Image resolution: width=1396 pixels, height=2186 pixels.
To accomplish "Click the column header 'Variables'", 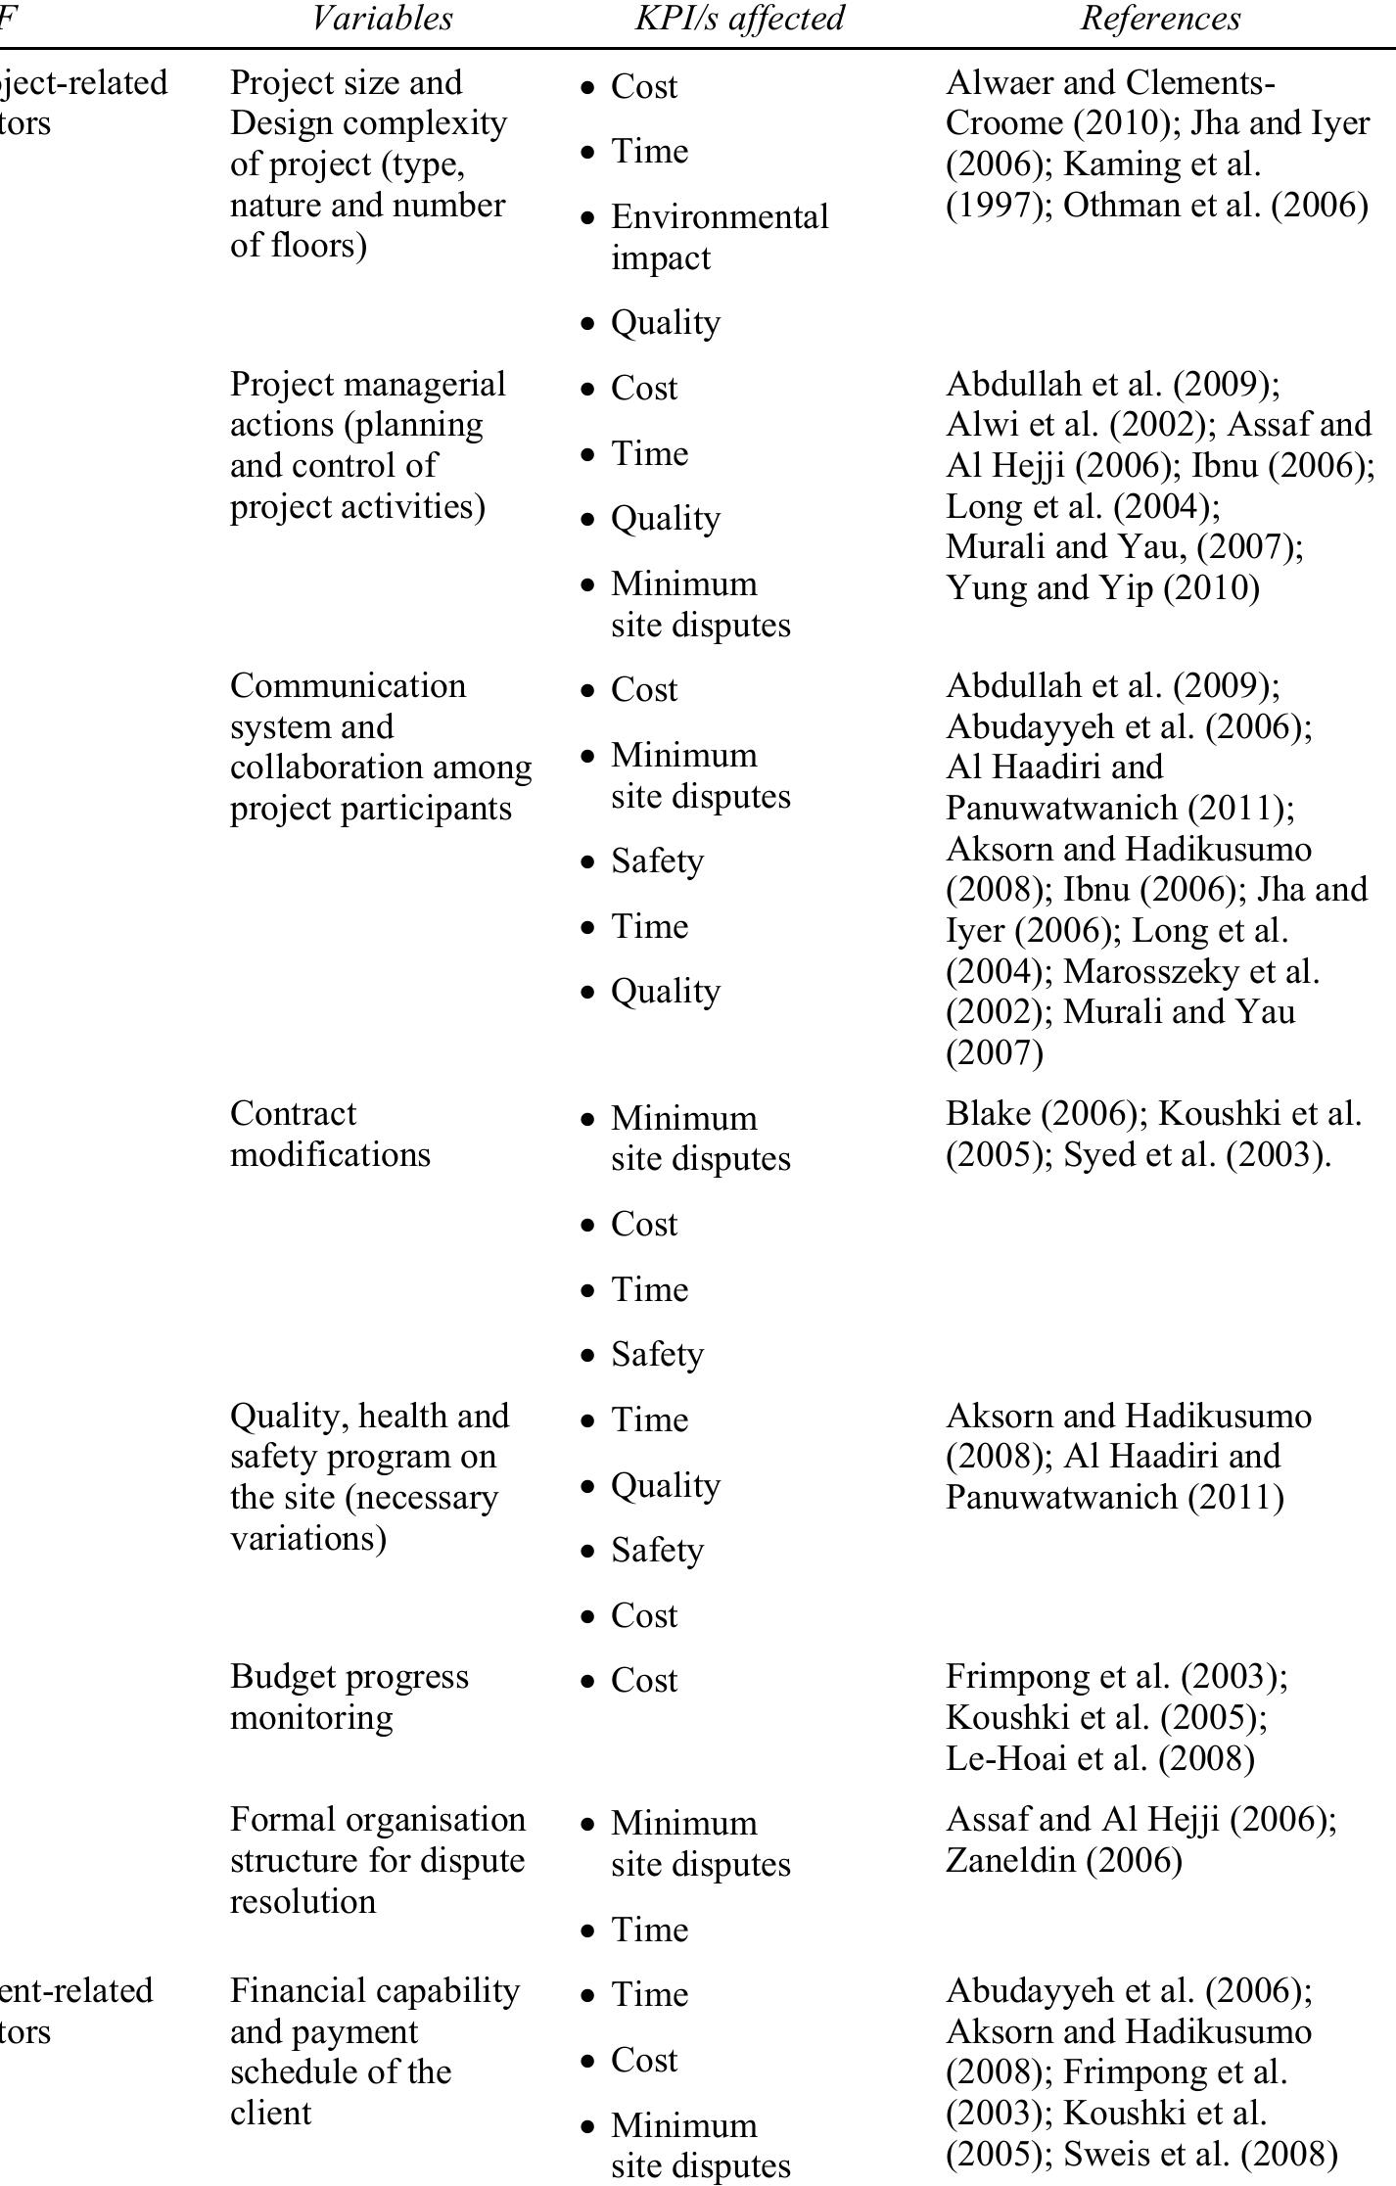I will (382, 19).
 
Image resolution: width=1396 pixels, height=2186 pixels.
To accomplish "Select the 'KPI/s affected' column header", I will (739, 19).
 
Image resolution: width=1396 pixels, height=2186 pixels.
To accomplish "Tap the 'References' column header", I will (1160, 19).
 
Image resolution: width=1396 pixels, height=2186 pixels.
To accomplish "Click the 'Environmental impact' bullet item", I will (720, 237).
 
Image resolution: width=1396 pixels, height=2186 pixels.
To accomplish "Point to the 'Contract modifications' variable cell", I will (330, 1134).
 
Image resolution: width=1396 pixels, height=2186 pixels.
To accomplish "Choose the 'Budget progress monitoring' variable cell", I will (349, 1697).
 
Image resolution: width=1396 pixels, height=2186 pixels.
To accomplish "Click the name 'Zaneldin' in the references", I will (1010, 1860).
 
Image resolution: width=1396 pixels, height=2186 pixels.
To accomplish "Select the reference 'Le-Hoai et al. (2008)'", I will (1099, 1758).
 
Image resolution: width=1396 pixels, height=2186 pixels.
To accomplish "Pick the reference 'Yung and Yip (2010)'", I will (1102, 587).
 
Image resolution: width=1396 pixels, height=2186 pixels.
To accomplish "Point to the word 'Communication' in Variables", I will (348, 685).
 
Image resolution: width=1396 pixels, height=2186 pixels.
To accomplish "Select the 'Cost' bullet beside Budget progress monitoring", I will (643, 1680).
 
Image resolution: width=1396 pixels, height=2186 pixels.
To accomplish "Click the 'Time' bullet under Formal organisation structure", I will (649, 1930).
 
